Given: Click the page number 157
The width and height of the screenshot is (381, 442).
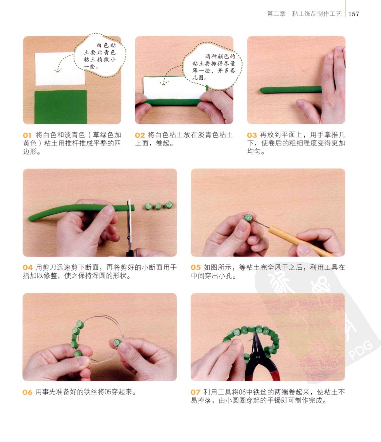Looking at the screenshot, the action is point(353,14).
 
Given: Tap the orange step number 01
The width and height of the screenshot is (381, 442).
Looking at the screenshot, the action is point(27,135).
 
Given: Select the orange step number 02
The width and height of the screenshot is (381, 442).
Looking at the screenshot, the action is point(140,135).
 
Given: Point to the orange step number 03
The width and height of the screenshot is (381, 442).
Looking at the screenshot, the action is point(252,135).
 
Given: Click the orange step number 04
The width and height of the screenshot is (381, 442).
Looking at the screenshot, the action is point(28,267).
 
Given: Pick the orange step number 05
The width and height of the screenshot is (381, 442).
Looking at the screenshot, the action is point(196,267).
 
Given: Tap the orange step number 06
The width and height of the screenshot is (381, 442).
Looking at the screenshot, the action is point(28,392).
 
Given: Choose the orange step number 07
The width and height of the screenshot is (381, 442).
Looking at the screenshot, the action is point(195,392).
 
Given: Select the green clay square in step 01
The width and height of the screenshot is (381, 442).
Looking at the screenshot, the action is point(61,107).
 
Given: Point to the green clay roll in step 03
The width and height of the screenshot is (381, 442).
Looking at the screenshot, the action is point(291,90).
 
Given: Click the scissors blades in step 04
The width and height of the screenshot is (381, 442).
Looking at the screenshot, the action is point(129,223).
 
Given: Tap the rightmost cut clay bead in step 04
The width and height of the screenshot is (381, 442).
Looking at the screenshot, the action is point(169,205).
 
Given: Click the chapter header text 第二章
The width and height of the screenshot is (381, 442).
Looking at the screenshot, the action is point(276,14).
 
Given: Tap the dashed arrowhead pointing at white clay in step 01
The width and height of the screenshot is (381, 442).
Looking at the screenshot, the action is point(57,70).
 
